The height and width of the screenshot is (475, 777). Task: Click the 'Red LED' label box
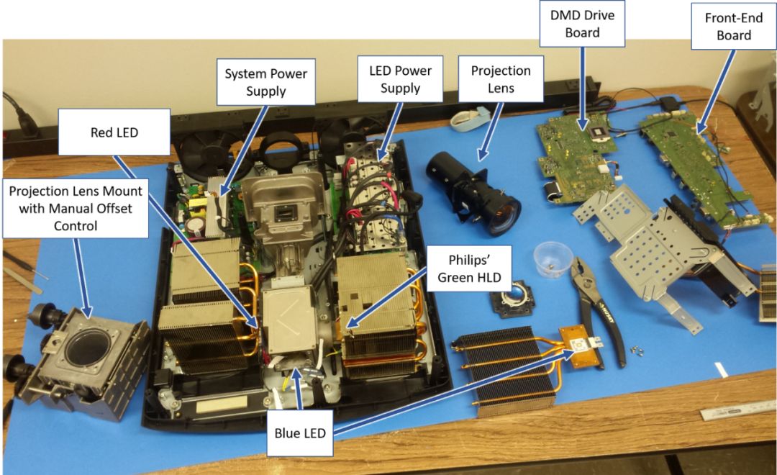click(114, 132)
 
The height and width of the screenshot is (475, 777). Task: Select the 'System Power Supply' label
click(266, 82)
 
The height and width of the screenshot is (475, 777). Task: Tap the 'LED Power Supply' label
click(401, 79)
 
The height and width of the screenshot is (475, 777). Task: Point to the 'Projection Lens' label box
click(501, 79)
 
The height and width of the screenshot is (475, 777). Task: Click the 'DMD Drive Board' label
click(582, 24)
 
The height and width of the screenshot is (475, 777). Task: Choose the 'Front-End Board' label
click(734, 27)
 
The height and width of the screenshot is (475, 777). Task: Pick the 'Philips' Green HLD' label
click(469, 268)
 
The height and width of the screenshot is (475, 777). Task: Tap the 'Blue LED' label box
click(300, 433)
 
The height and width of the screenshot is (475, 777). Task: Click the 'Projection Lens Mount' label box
click(76, 208)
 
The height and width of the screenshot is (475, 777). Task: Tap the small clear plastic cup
click(553, 259)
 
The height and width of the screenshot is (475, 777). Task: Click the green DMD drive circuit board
click(577, 157)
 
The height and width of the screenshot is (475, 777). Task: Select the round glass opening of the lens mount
click(90, 345)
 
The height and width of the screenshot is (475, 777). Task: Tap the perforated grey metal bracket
click(659, 248)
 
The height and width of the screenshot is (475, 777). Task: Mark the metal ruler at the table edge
click(738, 412)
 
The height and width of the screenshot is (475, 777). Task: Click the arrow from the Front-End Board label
click(716, 91)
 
